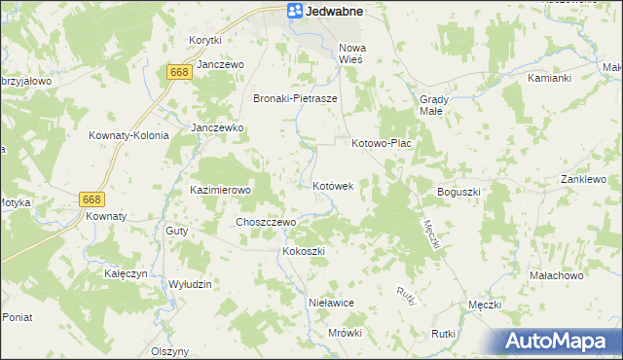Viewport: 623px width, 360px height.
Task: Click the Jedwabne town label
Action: point(334,11)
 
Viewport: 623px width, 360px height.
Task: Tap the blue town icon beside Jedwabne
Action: point(294,11)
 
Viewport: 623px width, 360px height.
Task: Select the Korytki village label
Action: point(205,40)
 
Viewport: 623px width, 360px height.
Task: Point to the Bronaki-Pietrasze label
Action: point(295,99)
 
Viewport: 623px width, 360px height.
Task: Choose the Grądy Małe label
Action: point(432,105)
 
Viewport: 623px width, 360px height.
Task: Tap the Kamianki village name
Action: point(549,77)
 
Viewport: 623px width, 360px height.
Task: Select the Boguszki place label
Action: point(459,192)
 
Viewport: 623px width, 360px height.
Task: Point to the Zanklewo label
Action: point(583,180)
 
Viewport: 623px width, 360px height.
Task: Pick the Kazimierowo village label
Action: point(221,190)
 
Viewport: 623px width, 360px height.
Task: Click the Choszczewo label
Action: point(266,222)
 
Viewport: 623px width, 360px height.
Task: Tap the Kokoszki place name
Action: point(302,251)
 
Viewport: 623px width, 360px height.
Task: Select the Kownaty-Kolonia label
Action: point(128,135)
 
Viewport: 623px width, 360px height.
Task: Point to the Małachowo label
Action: point(555,275)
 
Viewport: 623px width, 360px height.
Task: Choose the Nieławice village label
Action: point(330,303)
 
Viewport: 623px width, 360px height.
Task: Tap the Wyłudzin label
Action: point(190,283)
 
